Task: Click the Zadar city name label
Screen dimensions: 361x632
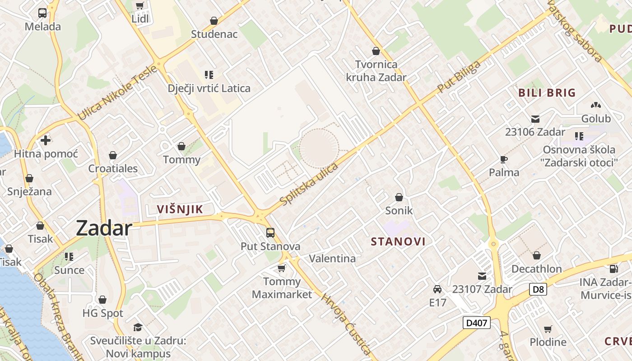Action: click(104, 228)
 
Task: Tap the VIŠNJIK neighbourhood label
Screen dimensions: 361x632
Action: click(180, 209)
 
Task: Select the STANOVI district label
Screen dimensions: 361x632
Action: click(398, 241)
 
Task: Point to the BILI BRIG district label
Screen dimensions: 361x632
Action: click(547, 93)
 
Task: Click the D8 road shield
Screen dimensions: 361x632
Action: click(538, 289)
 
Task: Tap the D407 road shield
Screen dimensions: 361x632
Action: click(477, 323)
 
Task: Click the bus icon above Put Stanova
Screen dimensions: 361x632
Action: click(270, 233)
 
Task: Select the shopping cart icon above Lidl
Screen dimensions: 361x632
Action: click(139, 6)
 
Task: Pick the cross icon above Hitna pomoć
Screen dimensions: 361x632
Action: click(46, 140)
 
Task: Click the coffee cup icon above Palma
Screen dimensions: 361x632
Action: click(504, 159)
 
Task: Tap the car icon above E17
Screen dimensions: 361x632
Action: click(437, 289)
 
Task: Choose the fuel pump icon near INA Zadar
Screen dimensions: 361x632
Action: click(613, 269)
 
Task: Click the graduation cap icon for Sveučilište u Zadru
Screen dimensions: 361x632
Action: click(138, 327)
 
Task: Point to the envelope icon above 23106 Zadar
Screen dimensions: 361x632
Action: click(535, 119)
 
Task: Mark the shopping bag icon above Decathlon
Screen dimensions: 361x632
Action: click(536, 256)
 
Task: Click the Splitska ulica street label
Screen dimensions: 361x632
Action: click(309, 185)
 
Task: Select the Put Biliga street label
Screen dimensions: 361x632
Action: click(459, 78)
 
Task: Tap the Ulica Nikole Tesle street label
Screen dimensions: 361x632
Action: click(118, 93)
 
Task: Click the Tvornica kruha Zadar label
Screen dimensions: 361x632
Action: click(376, 71)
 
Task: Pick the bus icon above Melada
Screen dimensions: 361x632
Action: click(42, 13)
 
